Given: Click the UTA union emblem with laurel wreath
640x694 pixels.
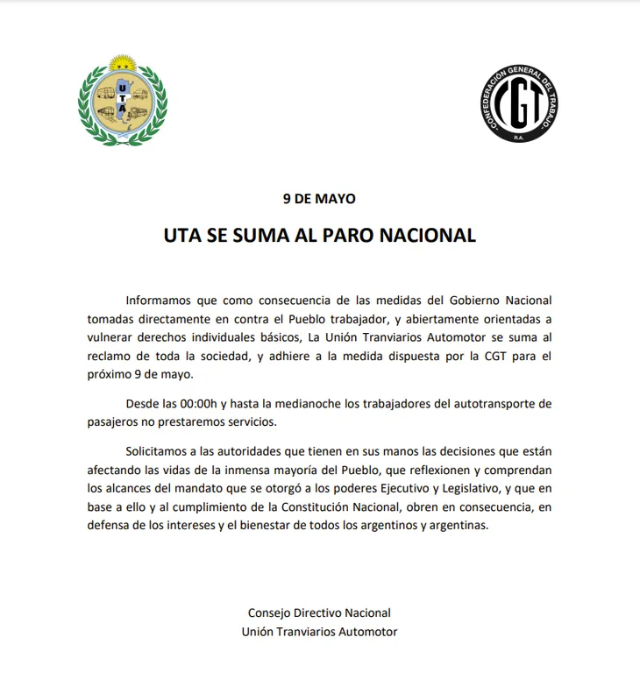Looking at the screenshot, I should point(122,102).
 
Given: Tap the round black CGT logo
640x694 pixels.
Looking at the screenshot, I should point(518,103).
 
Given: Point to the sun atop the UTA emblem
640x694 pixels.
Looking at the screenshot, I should point(123,64).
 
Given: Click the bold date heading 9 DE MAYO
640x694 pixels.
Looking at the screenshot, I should point(319,199).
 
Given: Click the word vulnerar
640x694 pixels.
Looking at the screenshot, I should point(110,338).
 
